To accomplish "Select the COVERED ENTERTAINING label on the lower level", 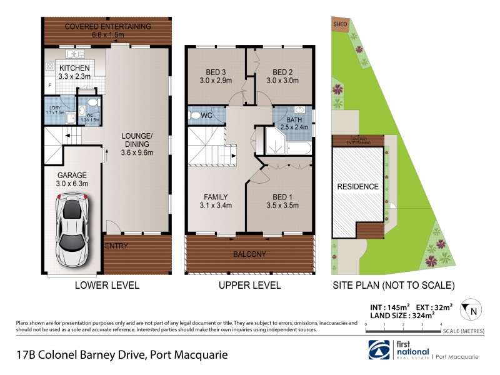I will pos(108,26).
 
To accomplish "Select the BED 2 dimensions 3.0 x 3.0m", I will pos(282,81).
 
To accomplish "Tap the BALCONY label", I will pos(249,254).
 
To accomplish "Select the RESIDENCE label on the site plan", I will pos(358,187).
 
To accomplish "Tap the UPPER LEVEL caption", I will pos(249,286).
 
